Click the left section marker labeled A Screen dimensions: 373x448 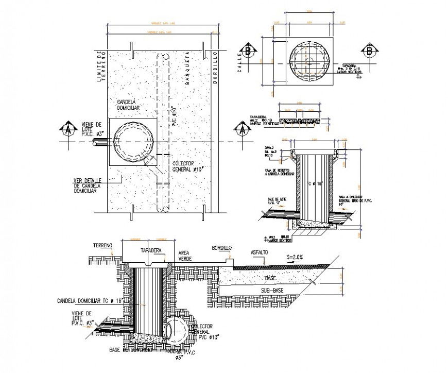click(66, 129)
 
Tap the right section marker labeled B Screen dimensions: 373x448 click(369, 52)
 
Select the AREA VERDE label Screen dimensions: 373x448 click(185, 257)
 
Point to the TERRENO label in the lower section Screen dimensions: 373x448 click(102, 246)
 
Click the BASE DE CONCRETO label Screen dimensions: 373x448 click(130, 350)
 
